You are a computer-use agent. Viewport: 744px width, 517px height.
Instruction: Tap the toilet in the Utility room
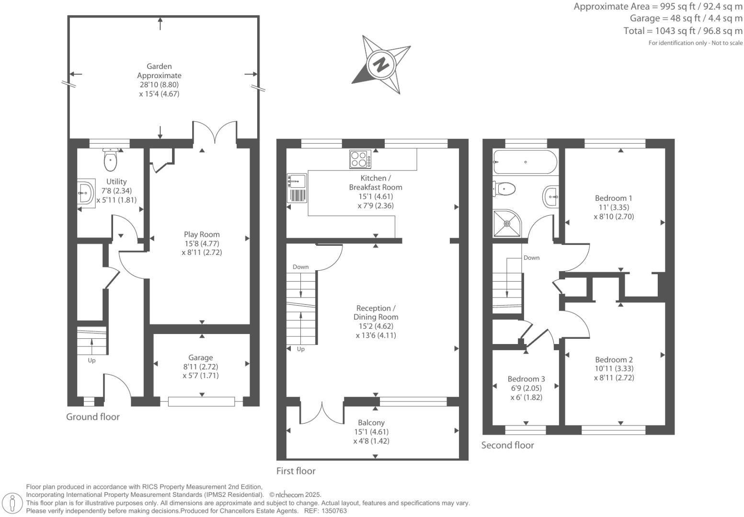(x=110, y=160)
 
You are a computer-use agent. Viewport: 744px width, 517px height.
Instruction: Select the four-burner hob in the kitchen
(x=360, y=159)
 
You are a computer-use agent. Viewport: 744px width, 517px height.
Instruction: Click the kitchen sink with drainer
(x=297, y=188)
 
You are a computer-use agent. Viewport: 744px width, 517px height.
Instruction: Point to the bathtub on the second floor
(x=525, y=162)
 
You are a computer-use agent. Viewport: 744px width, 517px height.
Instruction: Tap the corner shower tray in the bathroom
(x=507, y=223)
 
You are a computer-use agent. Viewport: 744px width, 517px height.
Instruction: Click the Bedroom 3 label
(x=526, y=379)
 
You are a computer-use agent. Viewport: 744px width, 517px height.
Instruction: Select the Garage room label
(x=201, y=357)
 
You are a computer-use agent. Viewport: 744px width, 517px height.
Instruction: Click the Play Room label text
(x=202, y=234)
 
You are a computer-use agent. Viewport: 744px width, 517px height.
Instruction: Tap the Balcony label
(x=371, y=423)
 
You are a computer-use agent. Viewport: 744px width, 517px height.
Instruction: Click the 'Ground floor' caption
(x=93, y=417)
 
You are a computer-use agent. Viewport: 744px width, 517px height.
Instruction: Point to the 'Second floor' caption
(x=507, y=445)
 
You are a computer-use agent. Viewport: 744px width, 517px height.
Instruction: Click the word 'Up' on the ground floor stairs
(x=92, y=360)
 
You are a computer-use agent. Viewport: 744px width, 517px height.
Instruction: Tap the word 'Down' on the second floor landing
(x=531, y=257)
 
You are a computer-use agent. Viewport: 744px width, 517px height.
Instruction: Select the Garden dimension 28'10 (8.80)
(x=159, y=85)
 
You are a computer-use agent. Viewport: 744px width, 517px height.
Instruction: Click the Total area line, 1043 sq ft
(x=683, y=31)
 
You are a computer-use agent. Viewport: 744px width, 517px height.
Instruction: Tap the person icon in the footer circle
(x=12, y=504)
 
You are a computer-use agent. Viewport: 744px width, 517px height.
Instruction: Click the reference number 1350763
(x=334, y=511)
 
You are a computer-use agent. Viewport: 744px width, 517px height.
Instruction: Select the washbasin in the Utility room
(x=85, y=193)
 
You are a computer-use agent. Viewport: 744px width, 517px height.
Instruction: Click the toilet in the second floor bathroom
(x=504, y=189)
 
